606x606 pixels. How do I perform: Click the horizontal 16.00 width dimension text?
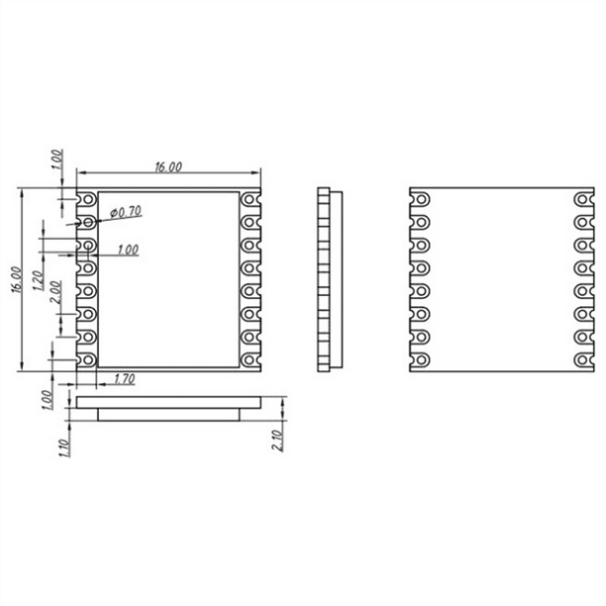point(167,168)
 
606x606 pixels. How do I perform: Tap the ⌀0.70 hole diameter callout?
point(127,211)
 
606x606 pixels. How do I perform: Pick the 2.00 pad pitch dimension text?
point(54,293)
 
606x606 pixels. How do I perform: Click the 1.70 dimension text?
point(126,379)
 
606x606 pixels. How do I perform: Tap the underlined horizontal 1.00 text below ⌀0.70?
point(127,251)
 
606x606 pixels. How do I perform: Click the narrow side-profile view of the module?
point(328,280)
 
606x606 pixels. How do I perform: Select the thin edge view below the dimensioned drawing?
point(167,409)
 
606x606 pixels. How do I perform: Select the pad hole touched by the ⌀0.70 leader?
point(88,222)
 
